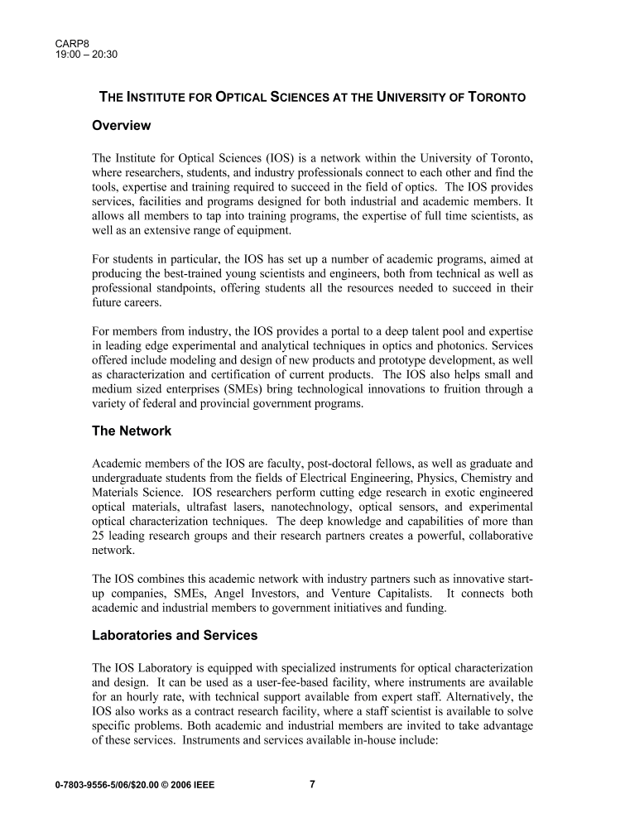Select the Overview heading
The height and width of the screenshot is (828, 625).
pos(121,126)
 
